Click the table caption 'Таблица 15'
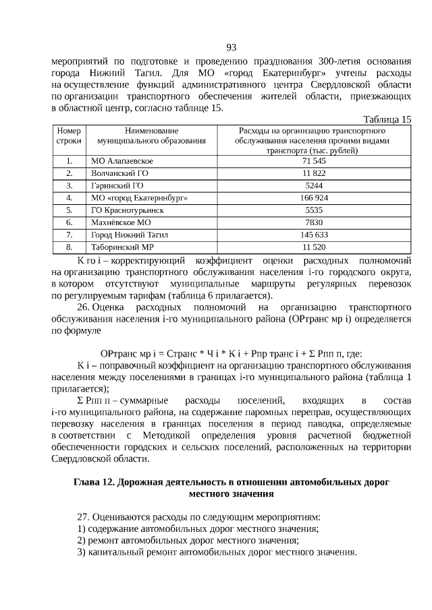[x=387, y=119]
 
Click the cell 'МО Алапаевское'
[x=122, y=162]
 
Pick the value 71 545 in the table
[x=314, y=162]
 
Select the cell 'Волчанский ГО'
[x=119, y=174]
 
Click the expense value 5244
[x=314, y=186]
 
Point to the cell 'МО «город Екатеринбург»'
[x=139, y=198]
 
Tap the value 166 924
[x=314, y=198]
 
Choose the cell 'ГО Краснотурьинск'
[x=127, y=210]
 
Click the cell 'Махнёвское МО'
[x=122, y=222]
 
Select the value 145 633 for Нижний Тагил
[x=314, y=235]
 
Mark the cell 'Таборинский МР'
[x=123, y=247]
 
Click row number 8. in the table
[x=69, y=247]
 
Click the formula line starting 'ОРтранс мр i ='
[x=231, y=353]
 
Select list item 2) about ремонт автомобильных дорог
[x=188, y=541]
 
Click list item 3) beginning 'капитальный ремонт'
[x=216, y=553]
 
